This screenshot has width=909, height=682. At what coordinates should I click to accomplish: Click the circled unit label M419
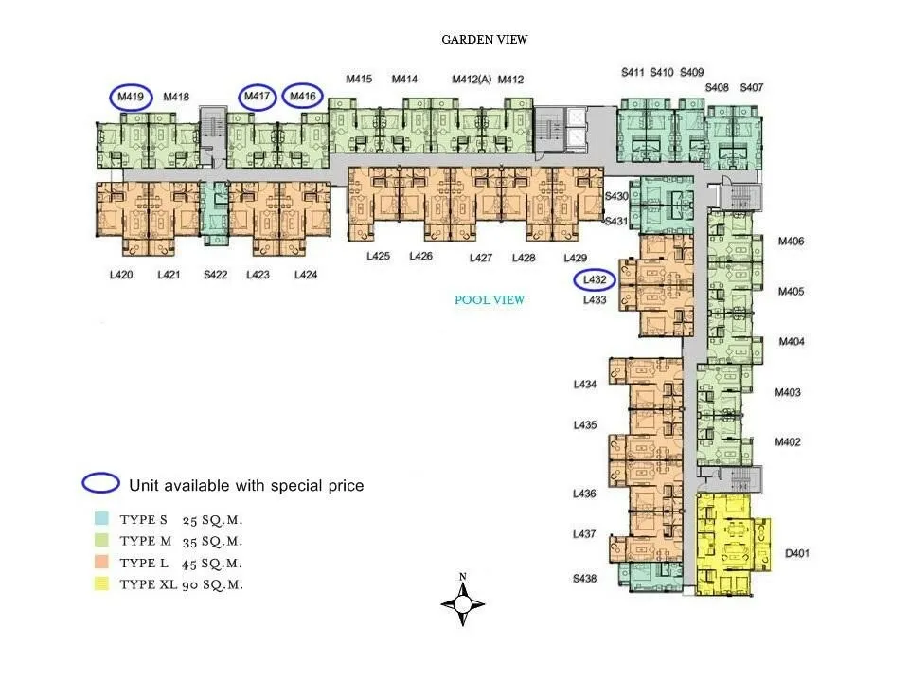[131, 97]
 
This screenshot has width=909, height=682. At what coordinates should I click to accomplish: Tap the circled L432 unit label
[595, 279]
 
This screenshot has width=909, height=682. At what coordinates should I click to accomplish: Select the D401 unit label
[796, 553]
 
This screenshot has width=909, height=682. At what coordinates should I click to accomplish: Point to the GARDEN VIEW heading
[485, 40]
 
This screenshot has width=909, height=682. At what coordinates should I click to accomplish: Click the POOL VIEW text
[490, 300]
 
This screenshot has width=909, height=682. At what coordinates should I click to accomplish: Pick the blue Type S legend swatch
[101, 518]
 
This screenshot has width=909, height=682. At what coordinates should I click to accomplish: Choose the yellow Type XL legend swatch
[101, 583]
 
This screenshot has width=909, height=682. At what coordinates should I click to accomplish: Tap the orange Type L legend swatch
[101, 562]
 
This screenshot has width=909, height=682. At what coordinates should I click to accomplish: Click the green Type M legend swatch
[101, 540]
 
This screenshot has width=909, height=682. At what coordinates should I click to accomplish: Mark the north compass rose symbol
[463, 603]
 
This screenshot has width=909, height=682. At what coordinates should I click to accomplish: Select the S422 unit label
[215, 275]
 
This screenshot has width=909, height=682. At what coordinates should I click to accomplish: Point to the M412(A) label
[472, 79]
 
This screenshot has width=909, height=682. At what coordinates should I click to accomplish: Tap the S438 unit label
[584, 578]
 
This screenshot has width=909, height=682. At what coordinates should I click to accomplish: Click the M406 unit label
[791, 242]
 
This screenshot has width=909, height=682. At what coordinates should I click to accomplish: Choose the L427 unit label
[481, 258]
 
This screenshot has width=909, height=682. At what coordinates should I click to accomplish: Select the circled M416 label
[303, 97]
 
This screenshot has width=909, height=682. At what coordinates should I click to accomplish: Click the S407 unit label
[751, 87]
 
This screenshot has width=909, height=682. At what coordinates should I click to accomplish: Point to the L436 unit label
[584, 494]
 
